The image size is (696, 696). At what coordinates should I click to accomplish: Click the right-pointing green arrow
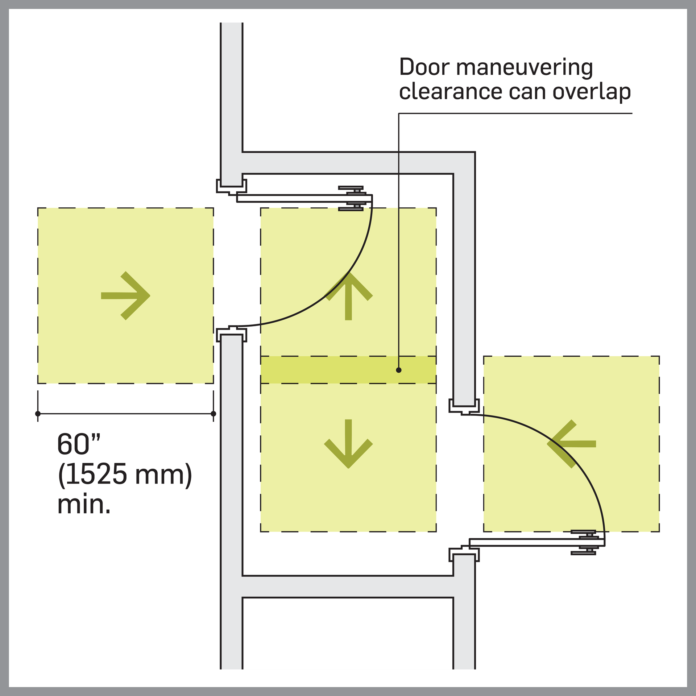pyautogui.click(x=125, y=296)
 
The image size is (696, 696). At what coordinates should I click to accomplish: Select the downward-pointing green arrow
pyautogui.click(x=348, y=444)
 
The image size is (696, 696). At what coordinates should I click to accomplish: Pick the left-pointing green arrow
pyautogui.click(x=571, y=444)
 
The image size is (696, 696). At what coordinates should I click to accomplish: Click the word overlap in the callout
pyautogui.click(x=592, y=92)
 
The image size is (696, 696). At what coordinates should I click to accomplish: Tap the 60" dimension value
pyautogui.click(x=78, y=445)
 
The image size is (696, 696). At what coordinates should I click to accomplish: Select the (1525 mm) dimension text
pyautogui.click(x=125, y=475)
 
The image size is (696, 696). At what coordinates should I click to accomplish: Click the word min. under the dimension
pyautogui.click(x=84, y=504)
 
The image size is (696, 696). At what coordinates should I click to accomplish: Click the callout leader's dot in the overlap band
pyautogui.click(x=399, y=370)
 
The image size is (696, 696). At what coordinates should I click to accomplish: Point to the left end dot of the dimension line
pyautogui.click(x=38, y=414)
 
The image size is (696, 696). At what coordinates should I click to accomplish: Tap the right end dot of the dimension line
pyautogui.click(x=213, y=414)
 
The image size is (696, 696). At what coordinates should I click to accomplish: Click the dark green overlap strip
pyautogui.click(x=326, y=370)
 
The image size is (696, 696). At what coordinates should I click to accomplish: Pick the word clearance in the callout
pyautogui.click(x=450, y=92)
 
